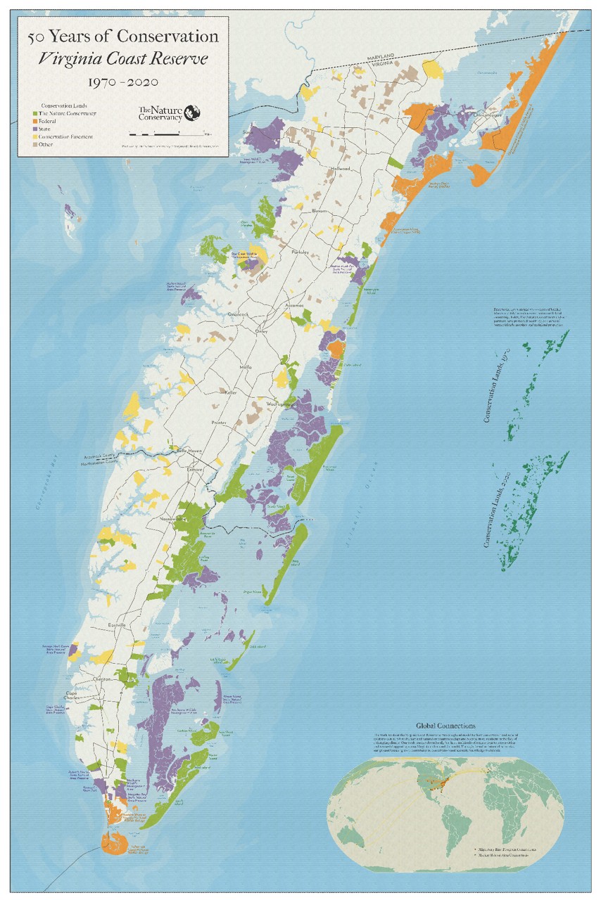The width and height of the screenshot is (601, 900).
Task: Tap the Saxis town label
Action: (x=248, y=131)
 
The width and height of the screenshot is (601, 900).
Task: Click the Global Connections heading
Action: (x=445, y=726)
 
